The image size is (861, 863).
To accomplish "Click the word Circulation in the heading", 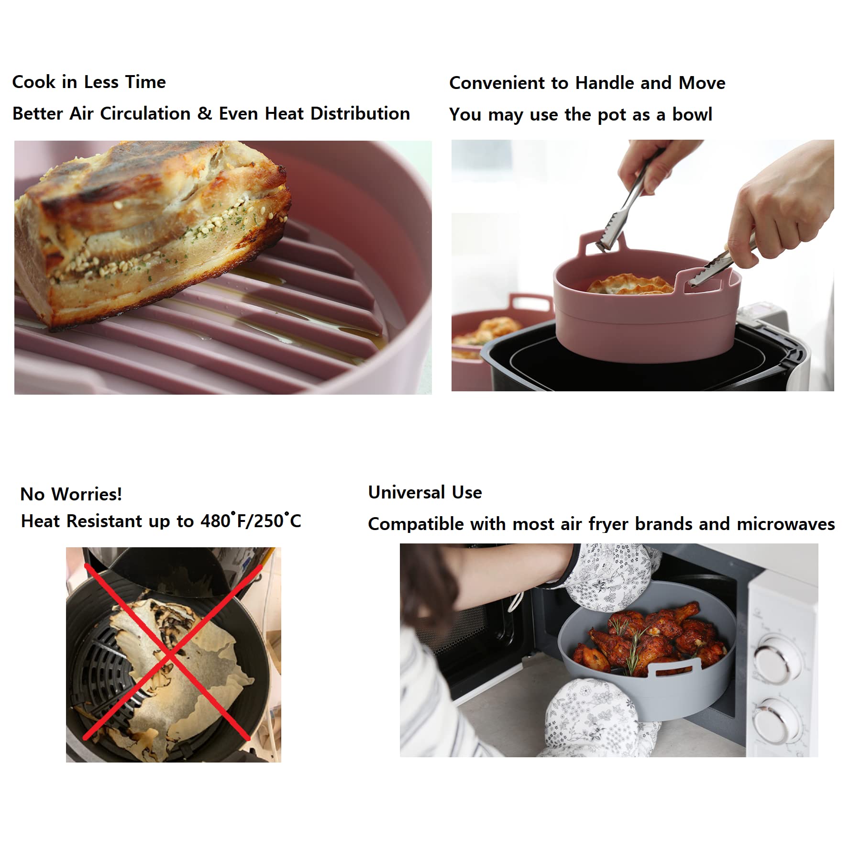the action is (x=145, y=113).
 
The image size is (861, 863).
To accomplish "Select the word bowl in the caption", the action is (x=692, y=114).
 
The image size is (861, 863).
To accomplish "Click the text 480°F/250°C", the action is (x=251, y=520).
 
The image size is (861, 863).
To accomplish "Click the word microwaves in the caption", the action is (x=786, y=524).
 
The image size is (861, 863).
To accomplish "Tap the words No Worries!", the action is (x=71, y=494).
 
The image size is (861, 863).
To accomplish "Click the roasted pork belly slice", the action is (x=148, y=230).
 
